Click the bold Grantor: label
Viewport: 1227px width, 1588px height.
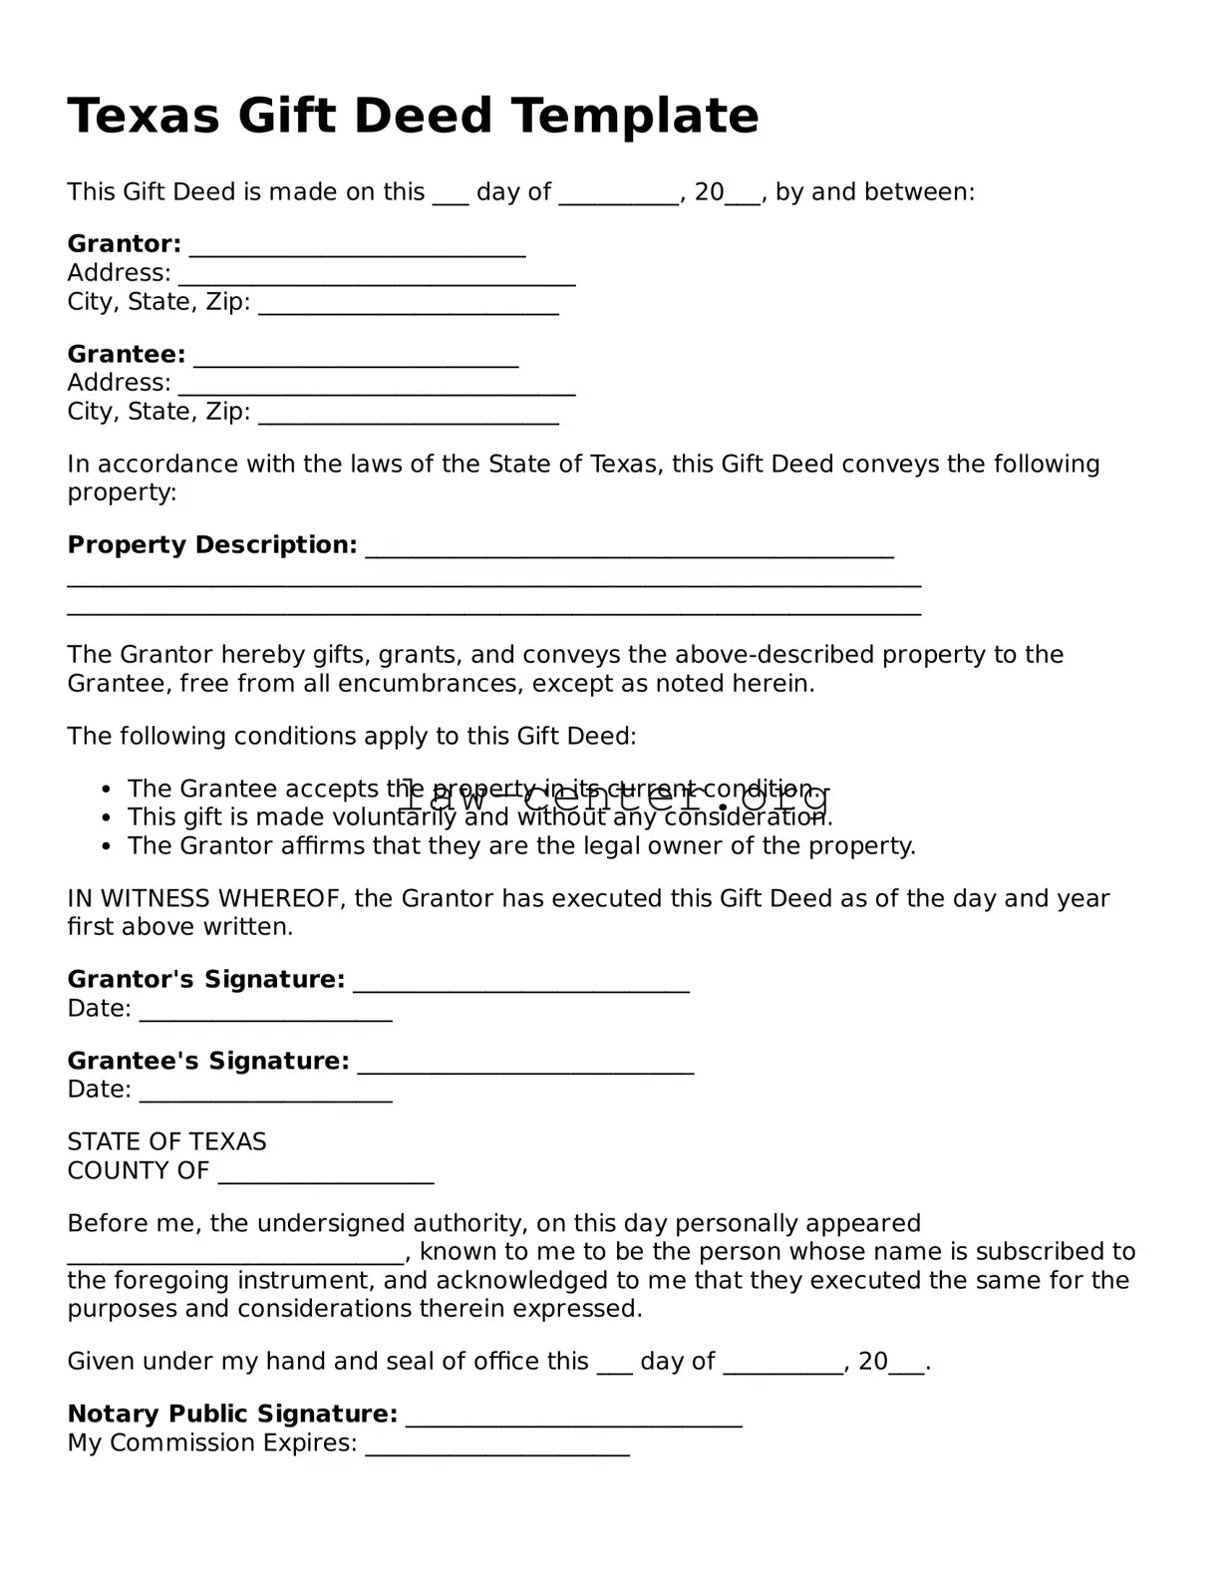point(124,244)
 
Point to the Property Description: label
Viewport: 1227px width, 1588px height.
point(211,545)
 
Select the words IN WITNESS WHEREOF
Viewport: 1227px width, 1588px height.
point(205,899)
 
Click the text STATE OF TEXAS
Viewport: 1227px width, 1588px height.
point(166,1142)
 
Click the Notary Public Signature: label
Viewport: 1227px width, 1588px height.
point(232,1415)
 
